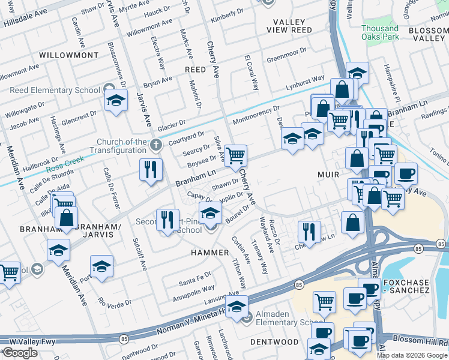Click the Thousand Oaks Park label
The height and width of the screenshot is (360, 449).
[x=380, y=32]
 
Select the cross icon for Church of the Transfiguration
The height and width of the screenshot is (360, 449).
[x=156, y=145]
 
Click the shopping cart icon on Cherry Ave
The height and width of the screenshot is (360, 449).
[x=236, y=156]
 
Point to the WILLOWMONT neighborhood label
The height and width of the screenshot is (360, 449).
[x=68, y=55]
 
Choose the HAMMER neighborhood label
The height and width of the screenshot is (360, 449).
[x=210, y=253]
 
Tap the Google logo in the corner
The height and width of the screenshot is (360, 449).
[x=20, y=353]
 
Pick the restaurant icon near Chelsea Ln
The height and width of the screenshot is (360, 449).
[x=309, y=230]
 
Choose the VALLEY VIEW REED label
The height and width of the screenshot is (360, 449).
[x=292, y=26]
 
